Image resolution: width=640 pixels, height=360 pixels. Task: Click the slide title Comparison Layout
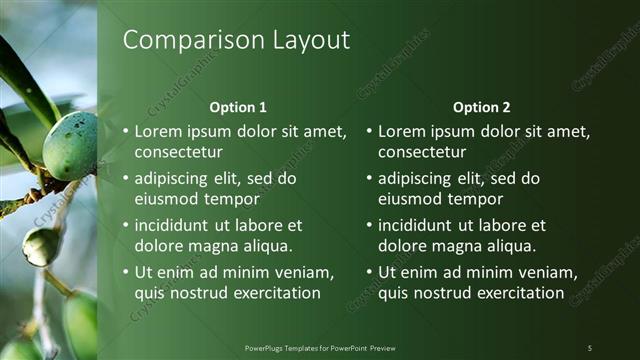[x=236, y=40]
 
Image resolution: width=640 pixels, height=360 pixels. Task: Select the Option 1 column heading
[x=238, y=107]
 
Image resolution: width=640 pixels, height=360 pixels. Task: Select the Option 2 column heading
[x=481, y=107]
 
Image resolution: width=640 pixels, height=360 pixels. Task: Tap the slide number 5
[x=590, y=347]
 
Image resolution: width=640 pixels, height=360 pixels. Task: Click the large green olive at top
[x=70, y=145]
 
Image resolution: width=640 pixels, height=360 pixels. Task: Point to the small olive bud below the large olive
[x=40, y=246]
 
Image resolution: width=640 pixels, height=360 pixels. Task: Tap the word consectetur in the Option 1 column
[x=178, y=152]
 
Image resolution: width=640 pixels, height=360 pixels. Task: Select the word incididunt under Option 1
[x=176, y=226]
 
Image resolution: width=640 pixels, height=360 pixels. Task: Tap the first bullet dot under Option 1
[x=125, y=132]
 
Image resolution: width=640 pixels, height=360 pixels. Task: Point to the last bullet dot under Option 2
[x=368, y=273]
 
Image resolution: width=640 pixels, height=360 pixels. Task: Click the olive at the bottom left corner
[x=80, y=325]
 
